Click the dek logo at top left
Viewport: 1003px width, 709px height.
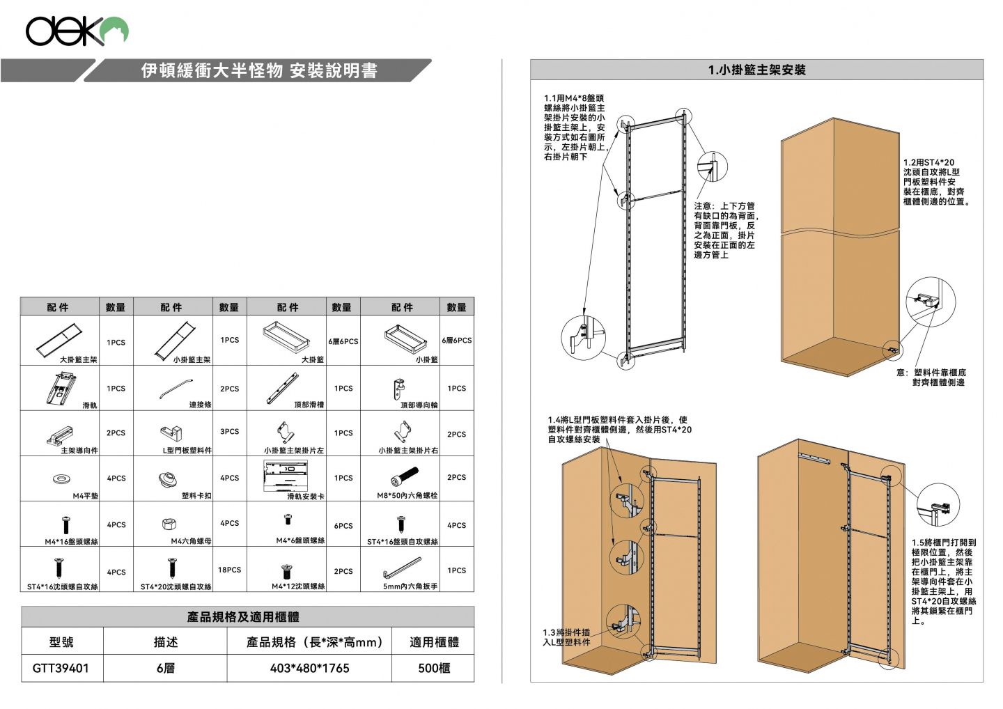(77, 31)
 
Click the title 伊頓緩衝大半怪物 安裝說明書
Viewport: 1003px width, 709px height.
(259, 70)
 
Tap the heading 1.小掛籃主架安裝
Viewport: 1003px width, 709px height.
(756, 70)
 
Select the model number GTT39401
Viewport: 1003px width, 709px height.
(61, 668)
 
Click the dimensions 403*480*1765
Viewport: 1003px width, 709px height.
(309, 668)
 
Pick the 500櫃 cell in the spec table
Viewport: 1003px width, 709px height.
(433, 668)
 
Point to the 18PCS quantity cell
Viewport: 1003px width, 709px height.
(229, 570)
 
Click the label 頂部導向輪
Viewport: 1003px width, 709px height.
(419, 405)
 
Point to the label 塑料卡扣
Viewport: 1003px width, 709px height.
(197, 496)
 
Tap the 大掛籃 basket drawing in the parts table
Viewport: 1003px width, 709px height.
(286, 337)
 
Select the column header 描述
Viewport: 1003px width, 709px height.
(165, 642)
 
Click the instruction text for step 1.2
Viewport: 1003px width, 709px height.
(935, 182)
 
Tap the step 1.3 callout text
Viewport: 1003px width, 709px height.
(567, 637)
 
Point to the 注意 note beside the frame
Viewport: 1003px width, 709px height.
(725, 231)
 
